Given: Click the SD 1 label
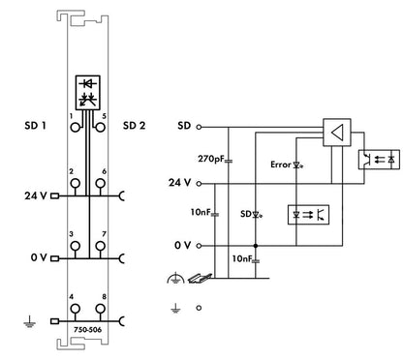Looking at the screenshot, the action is click(35, 125).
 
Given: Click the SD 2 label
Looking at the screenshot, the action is click(134, 125).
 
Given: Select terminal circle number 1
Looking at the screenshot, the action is click(76, 128).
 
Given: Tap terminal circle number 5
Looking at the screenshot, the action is click(101, 128).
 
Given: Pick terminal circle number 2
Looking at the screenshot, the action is click(76, 184).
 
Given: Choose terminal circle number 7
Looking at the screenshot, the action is click(101, 246).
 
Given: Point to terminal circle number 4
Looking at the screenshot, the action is click(76, 309).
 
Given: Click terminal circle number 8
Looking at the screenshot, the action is click(101, 309).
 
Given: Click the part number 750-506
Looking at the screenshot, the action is click(87, 330).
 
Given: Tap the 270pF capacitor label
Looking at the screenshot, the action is click(211, 159).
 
